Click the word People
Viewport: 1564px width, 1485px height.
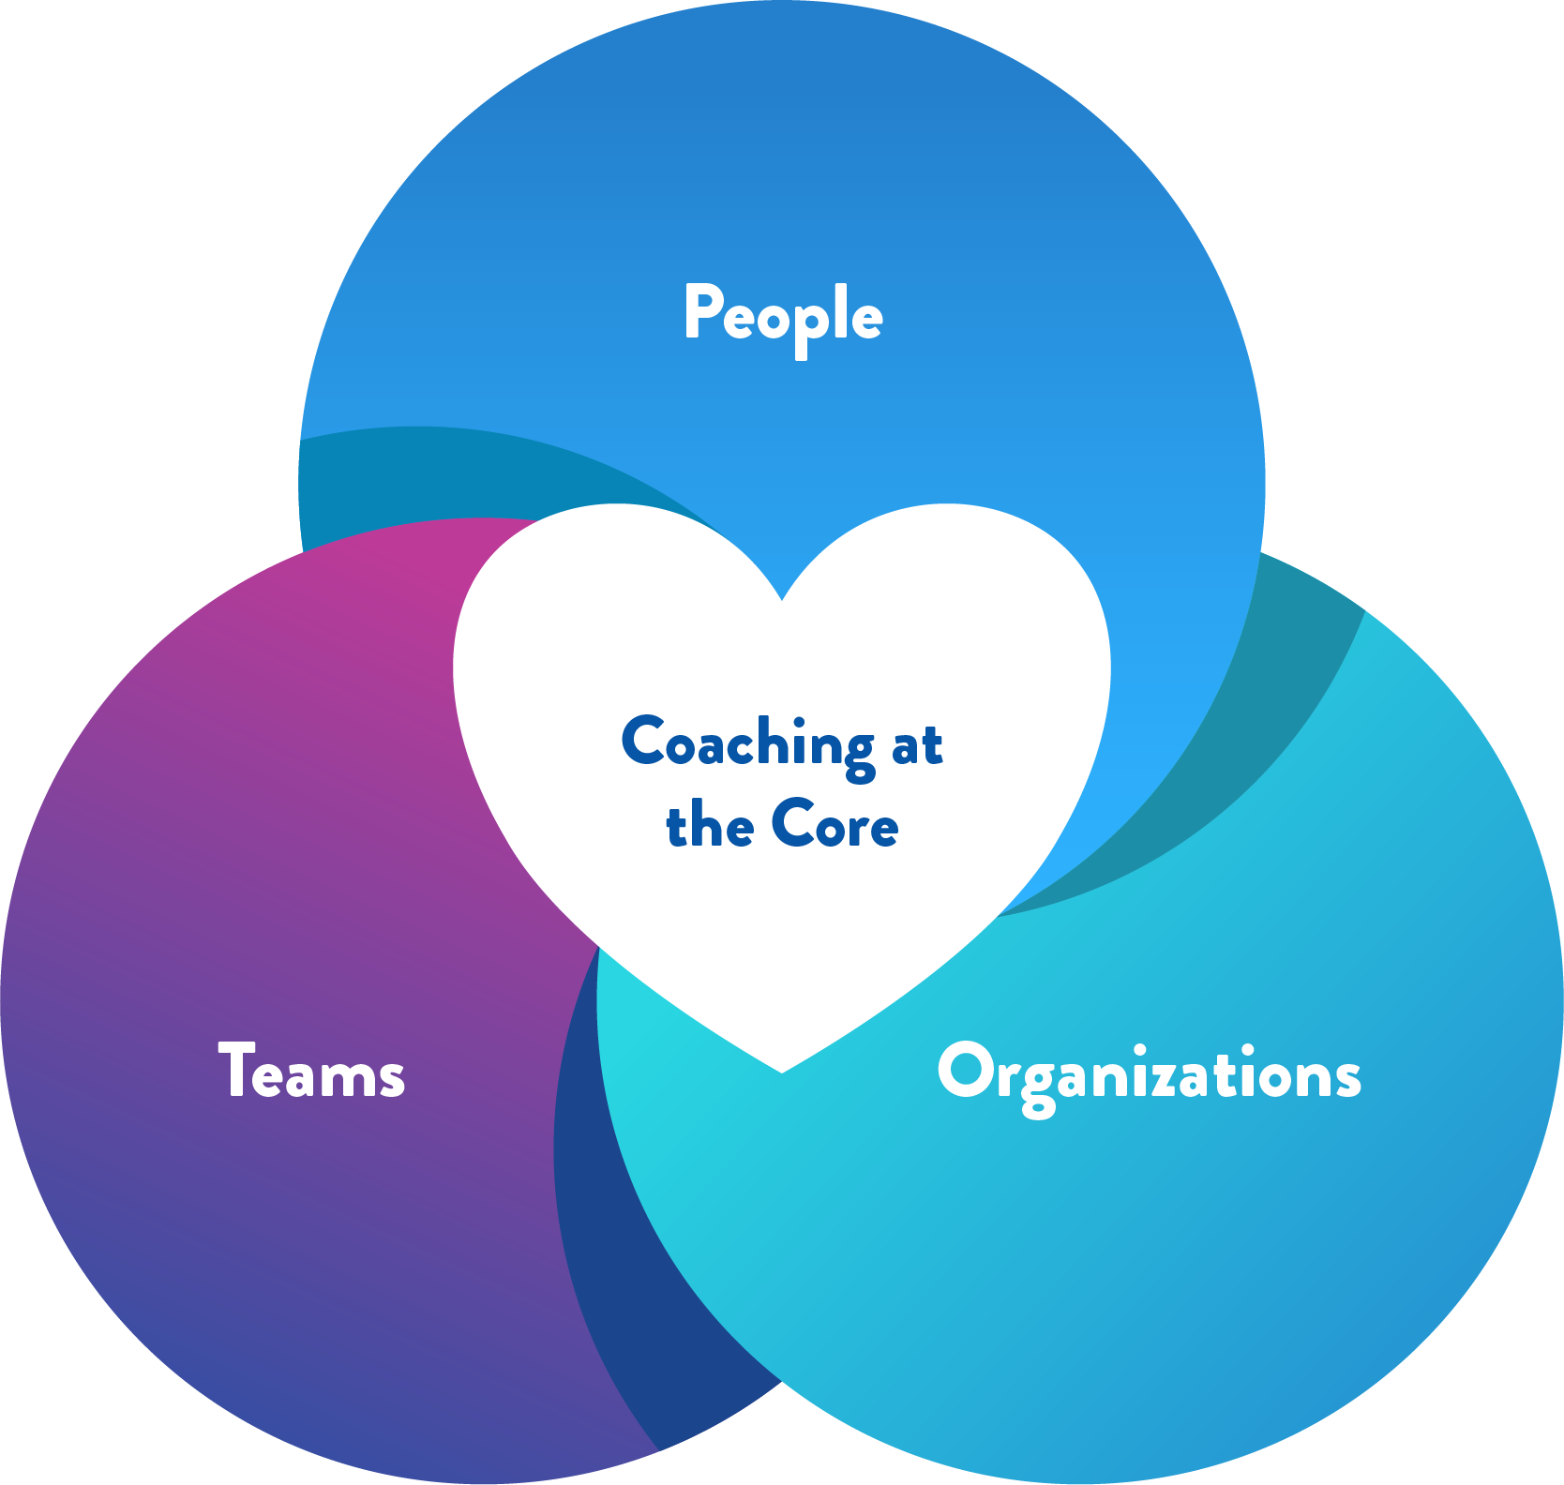(x=783, y=315)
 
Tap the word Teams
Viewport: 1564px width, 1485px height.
(x=311, y=1072)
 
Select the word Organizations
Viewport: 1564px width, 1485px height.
(x=1149, y=1073)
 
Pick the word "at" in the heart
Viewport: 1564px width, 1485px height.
(x=917, y=746)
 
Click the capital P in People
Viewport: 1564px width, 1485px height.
(x=701, y=311)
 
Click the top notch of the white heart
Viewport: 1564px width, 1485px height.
(x=782, y=596)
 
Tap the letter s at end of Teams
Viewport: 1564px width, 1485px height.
(x=392, y=1078)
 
